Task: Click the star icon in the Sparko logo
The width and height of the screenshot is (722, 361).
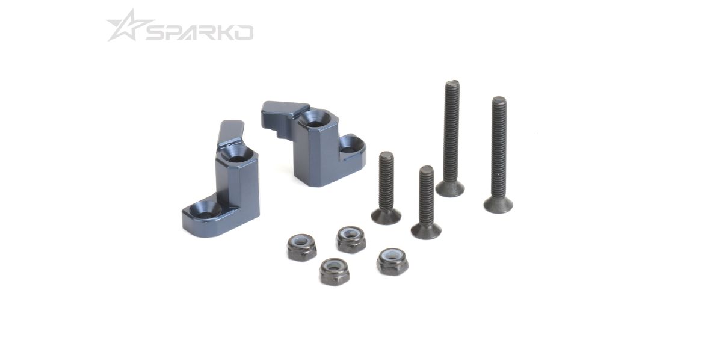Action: (x=125, y=28)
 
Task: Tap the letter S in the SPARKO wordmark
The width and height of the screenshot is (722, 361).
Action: (x=156, y=33)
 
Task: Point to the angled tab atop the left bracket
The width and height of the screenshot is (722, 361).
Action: (x=231, y=133)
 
